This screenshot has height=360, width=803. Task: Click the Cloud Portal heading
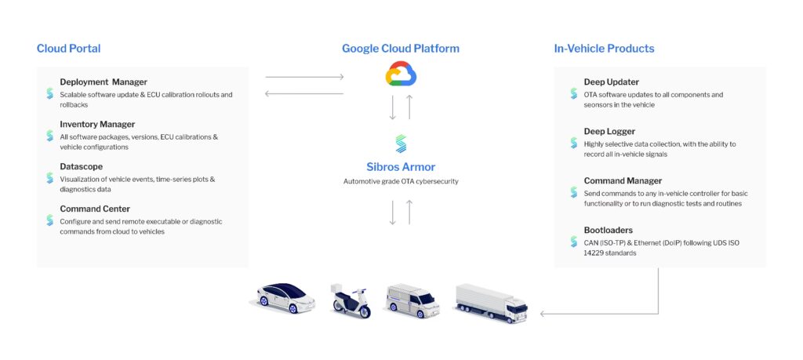[x=68, y=49]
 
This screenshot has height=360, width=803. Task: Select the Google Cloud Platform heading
[x=400, y=49]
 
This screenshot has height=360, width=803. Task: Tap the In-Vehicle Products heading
[x=604, y=49]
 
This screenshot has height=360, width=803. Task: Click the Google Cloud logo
[x=401, y=75]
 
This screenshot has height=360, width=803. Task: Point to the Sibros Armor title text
[x=400, y=166]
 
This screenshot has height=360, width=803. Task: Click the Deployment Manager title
[x=103, y=82]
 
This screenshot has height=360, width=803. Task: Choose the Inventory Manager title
[x=97, y=124]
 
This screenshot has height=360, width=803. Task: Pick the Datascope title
[x=81, y=166]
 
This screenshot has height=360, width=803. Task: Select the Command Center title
[x=95, y=209]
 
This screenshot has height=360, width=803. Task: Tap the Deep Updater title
[x=611, y=82]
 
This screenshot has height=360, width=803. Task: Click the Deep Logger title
[x=609, y=131]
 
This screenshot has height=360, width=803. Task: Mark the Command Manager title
[x=623, y=180]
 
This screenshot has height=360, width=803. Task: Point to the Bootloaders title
[x=608, y=230]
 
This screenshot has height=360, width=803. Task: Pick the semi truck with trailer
[x=491, y=302]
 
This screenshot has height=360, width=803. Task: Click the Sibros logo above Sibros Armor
[x=401, y=144]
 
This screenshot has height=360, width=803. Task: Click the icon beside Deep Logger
[x=574, y=144]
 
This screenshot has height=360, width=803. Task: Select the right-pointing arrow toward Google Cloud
[x=304, y=77]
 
